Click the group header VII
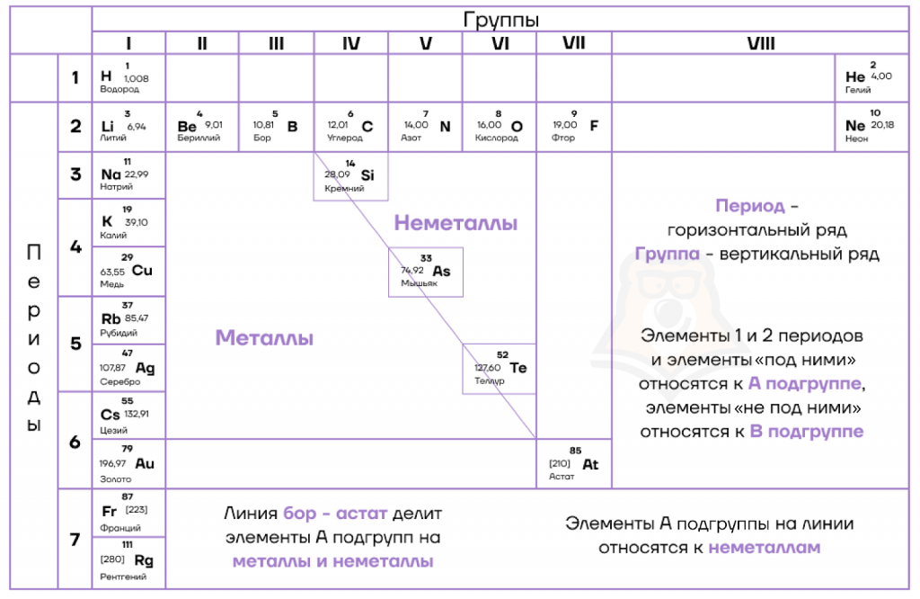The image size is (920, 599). coord(573,43)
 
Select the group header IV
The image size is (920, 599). coord(351,43)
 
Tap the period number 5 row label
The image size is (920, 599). coord(75,344)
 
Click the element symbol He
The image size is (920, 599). coord(855,77)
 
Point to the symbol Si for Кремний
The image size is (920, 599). coord(367,175)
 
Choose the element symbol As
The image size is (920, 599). coord(441,272)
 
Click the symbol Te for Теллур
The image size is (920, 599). coord(518,368)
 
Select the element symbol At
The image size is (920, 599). coord(590,464)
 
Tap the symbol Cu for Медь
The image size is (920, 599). coord(142,271)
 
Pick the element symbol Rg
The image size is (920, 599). coord(144,561)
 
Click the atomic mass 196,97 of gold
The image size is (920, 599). coord(112,463)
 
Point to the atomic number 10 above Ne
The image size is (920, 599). coord(875,112)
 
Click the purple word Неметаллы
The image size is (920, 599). coord(456,223)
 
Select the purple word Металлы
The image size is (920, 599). coord(264,337)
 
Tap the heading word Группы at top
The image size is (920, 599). coord(500,20)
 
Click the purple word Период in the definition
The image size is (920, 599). coord(749,206)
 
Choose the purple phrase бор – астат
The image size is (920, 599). coord(333,514)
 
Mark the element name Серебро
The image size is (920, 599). coord(119,381)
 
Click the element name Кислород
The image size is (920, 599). coord(496,138)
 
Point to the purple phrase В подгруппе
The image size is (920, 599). coord(807,432)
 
